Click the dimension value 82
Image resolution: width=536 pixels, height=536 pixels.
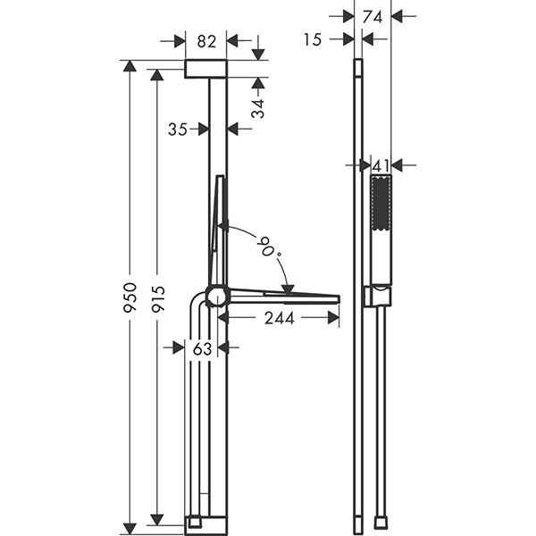(x=207, y=42)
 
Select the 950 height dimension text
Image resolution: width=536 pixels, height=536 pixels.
(x=130, y=297)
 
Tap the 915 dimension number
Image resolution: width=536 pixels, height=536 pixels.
(x=158, y=299)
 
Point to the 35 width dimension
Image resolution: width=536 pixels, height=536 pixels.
(x=178, y=130)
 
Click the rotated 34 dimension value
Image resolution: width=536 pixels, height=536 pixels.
(x=258, y=108)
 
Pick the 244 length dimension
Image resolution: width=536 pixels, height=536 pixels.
(x=280, y=319)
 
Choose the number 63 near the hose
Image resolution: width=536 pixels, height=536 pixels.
(x=202, y=349)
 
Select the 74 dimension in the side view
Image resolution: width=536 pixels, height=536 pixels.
(x=373, y=17)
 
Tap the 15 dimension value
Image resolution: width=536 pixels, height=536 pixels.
(x=313, y=39)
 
